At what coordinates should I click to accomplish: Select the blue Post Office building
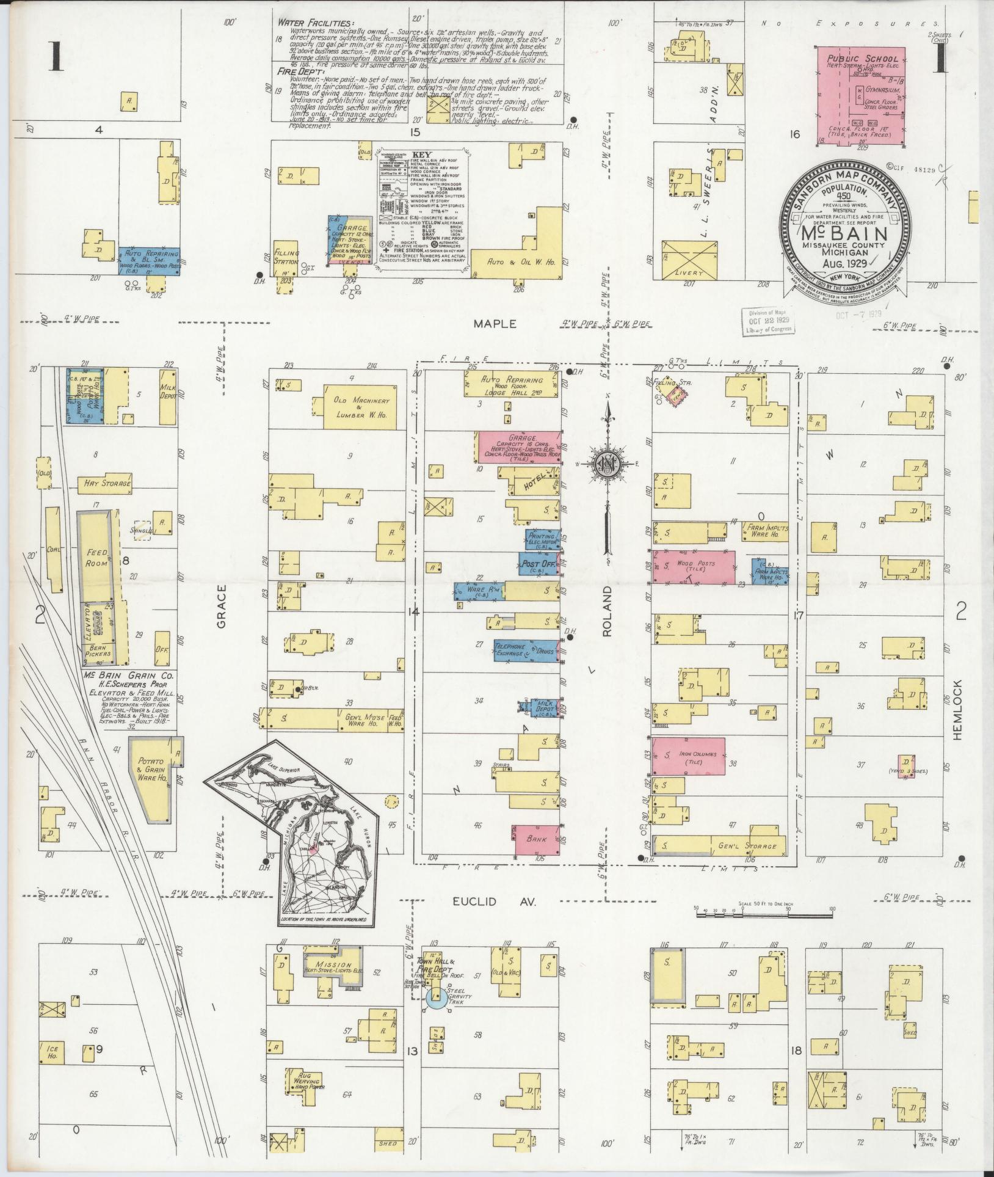click(538, 564)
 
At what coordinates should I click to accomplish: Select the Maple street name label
click(495, 324)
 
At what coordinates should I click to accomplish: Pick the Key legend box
click(420, 205)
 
